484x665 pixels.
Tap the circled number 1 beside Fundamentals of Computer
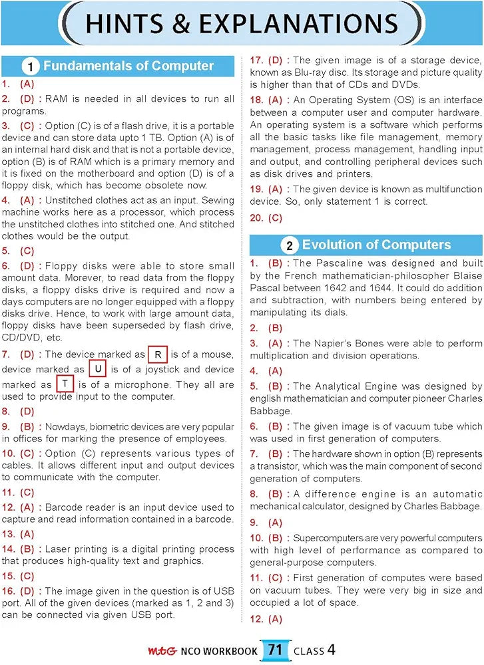point(29,66)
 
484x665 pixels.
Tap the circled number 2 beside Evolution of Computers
point(289,245)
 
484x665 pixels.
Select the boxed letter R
point(157,354)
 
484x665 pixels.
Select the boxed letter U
point(97,369)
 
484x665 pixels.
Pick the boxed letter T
point(65,384)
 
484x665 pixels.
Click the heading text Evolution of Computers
point(376,245)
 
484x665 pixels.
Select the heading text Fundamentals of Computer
point(128,66)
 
